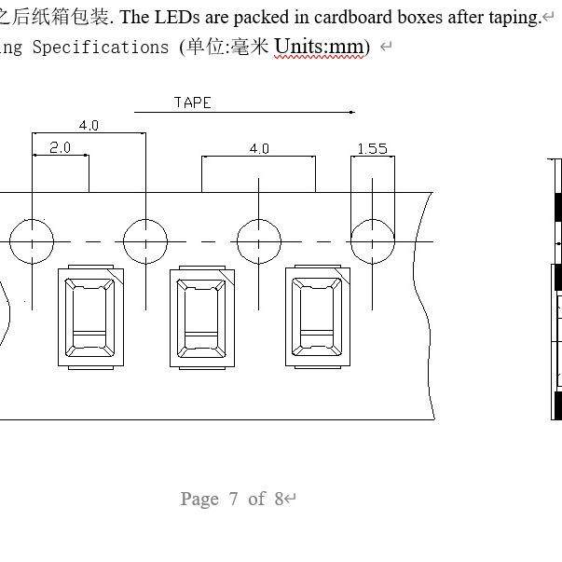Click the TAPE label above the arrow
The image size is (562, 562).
(x=193, y=103)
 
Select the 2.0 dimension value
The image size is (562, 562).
(x=60, y=147)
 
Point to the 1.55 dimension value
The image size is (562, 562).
(x=373, y=149)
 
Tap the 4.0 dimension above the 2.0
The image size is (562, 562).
(x=89, y=126)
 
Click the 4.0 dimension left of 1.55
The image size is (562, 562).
(x=259, y=148)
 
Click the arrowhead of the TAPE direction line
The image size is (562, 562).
(x=352, y=112)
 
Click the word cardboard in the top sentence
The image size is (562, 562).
(x=352, y=17)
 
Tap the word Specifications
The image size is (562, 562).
(x=101, y=48)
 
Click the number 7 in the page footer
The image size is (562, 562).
(x=233, y=499)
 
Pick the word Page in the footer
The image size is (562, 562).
(x=199, y=500)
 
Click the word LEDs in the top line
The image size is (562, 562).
(x=177, y=17)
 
